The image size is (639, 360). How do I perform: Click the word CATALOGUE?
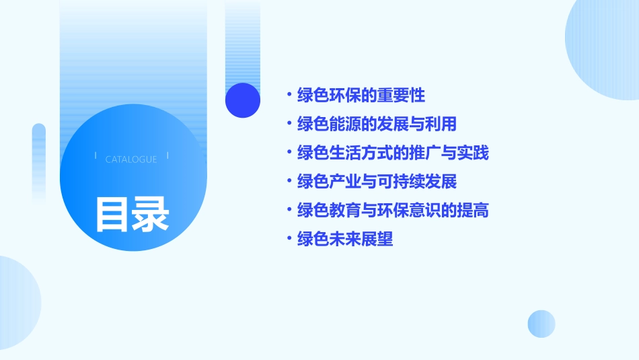(x=131, y=159)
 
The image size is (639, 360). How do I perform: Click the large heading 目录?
(x=132, y=214)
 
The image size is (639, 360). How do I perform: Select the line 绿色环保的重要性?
(x=361, y=95)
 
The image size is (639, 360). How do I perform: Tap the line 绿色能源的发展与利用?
(x=377, y=124)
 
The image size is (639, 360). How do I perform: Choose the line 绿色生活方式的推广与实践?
(x=393, y=153)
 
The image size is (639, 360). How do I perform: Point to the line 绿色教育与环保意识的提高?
(x=393, y=210)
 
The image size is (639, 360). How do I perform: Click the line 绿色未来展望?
(x=345, y=239)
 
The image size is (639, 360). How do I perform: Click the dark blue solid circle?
(x=243, y=100)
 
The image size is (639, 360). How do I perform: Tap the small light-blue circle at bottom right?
(x=541, y=324)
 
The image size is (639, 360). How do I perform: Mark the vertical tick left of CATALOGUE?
(x=96, y=156)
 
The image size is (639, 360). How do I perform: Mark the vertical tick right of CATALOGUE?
(x=167, y=156)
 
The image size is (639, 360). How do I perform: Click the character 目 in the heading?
(x=112, y=214)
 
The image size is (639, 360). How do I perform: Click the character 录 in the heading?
(x=151, y=214)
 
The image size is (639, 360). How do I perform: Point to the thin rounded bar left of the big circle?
(x=39, y=161)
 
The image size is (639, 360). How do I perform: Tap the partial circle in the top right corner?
(x=605, y=47)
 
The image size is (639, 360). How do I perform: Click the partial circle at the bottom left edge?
(x=17, y=303)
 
